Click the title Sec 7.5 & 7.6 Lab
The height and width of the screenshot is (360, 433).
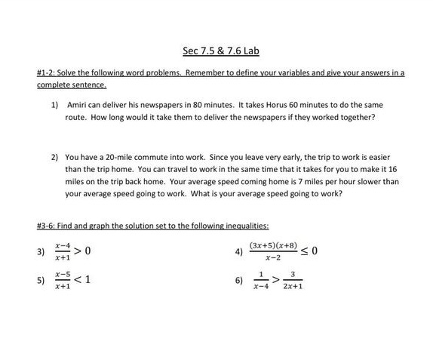216,51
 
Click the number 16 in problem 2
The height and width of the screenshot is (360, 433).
392,169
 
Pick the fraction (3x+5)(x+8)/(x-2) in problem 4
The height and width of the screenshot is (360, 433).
274,251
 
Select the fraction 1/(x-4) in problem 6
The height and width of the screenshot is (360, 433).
261,281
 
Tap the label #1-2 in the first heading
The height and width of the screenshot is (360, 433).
47,73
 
